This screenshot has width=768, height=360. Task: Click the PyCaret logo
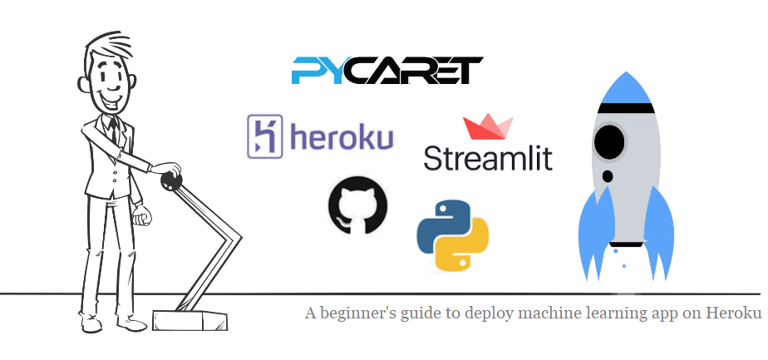tap(386, 71)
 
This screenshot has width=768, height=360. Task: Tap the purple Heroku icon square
tap(266, 136)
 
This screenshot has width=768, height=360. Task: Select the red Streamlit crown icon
tap(488, 128)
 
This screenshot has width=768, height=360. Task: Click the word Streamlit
tap(488, 157)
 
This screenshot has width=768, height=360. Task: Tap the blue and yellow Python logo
tap(452, 236)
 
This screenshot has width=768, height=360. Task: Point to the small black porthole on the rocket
tap(608, 176)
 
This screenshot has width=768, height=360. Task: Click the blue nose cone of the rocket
tap(624, 87)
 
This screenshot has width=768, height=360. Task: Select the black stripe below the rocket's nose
tap(625, 108)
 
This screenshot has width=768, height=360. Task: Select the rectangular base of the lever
tap(190, 318)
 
